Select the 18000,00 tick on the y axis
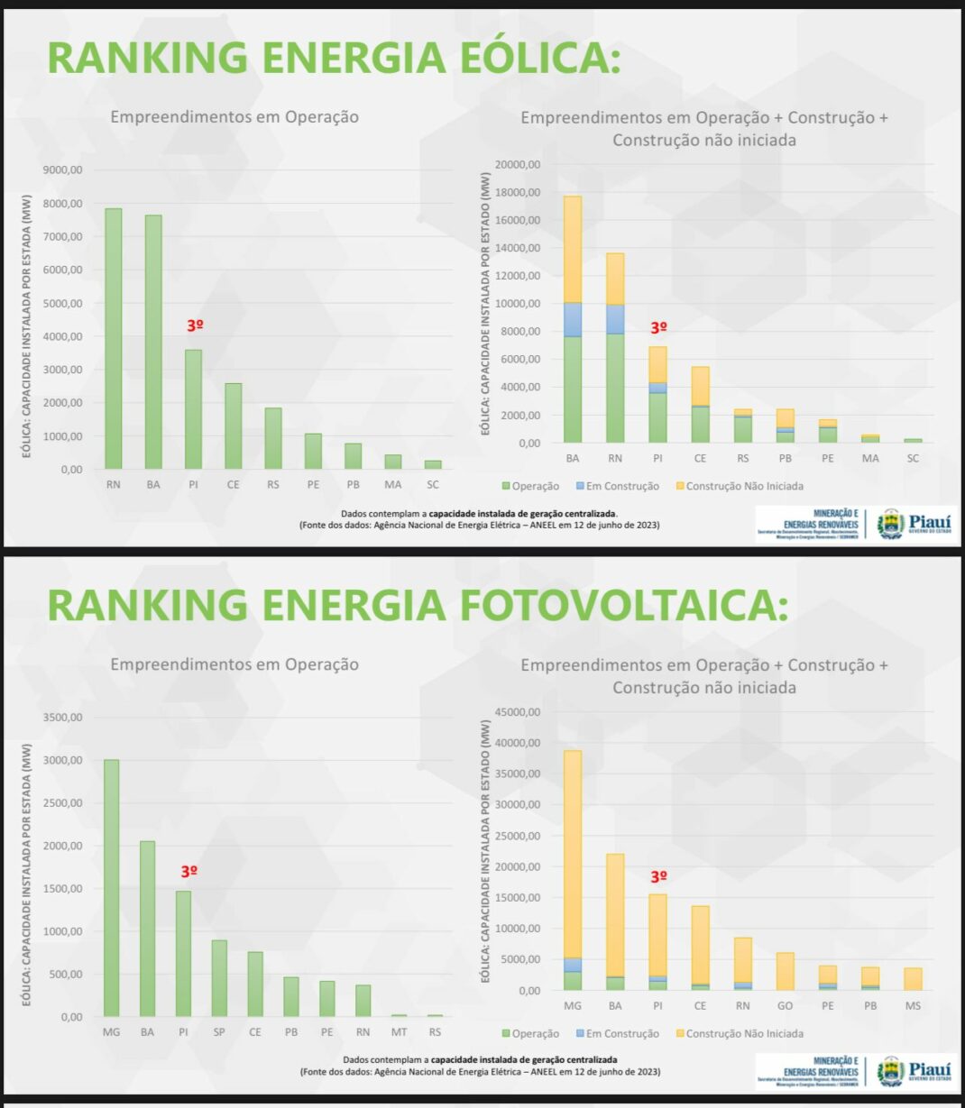click(518, 193)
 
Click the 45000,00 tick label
click(518, 712)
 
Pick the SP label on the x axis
click(219, 1032)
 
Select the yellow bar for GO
click(785, 971)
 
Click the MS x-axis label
click(913, 1005)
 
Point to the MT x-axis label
click(399, 1032)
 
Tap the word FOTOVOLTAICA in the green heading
click(623, 605)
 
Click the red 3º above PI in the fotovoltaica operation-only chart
click(188, 872)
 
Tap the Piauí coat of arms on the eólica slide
click(890, 523)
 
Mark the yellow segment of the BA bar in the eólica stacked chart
click(573, 249)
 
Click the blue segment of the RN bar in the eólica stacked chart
click(615, 319)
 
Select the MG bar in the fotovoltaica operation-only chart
click(111, 888)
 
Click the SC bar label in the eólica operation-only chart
click(433, 485)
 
